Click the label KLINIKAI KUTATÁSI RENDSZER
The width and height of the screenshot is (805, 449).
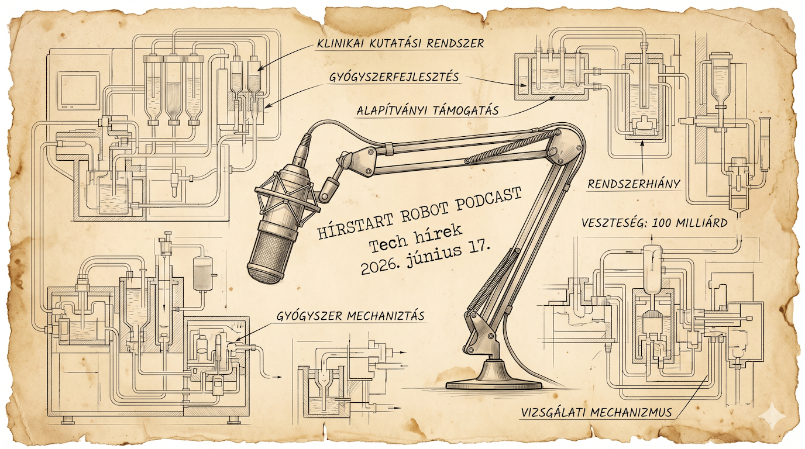pos(400,44)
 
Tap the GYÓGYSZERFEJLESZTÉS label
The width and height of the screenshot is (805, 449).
pos(394,77)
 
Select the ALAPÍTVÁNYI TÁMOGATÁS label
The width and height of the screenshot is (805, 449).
pos(428,110)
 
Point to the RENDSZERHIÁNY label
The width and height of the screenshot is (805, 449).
pos(634,184)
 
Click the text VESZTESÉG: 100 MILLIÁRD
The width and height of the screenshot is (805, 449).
pos(655,223)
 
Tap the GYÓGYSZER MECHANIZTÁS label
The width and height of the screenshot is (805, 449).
pos(350,316)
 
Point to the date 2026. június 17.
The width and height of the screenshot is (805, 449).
pos(426,260)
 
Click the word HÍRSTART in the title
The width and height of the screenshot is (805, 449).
pos(350,223)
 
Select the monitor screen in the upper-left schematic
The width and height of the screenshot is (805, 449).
pos(80,90)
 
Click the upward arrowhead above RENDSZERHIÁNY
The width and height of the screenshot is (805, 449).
pos(642,144)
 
